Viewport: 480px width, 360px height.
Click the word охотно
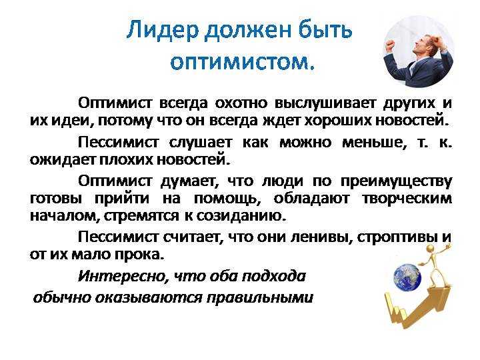[x=242, y=103]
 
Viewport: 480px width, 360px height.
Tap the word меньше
[x=372, y=143]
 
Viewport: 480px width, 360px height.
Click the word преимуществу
[x=396, y=182]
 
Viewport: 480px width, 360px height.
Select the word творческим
[x=407, y=199]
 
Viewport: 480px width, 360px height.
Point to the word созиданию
[x=241, y=216]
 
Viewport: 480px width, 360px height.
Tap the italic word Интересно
[x=123, y=277]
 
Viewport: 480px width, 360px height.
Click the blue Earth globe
[x=407, y=277]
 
